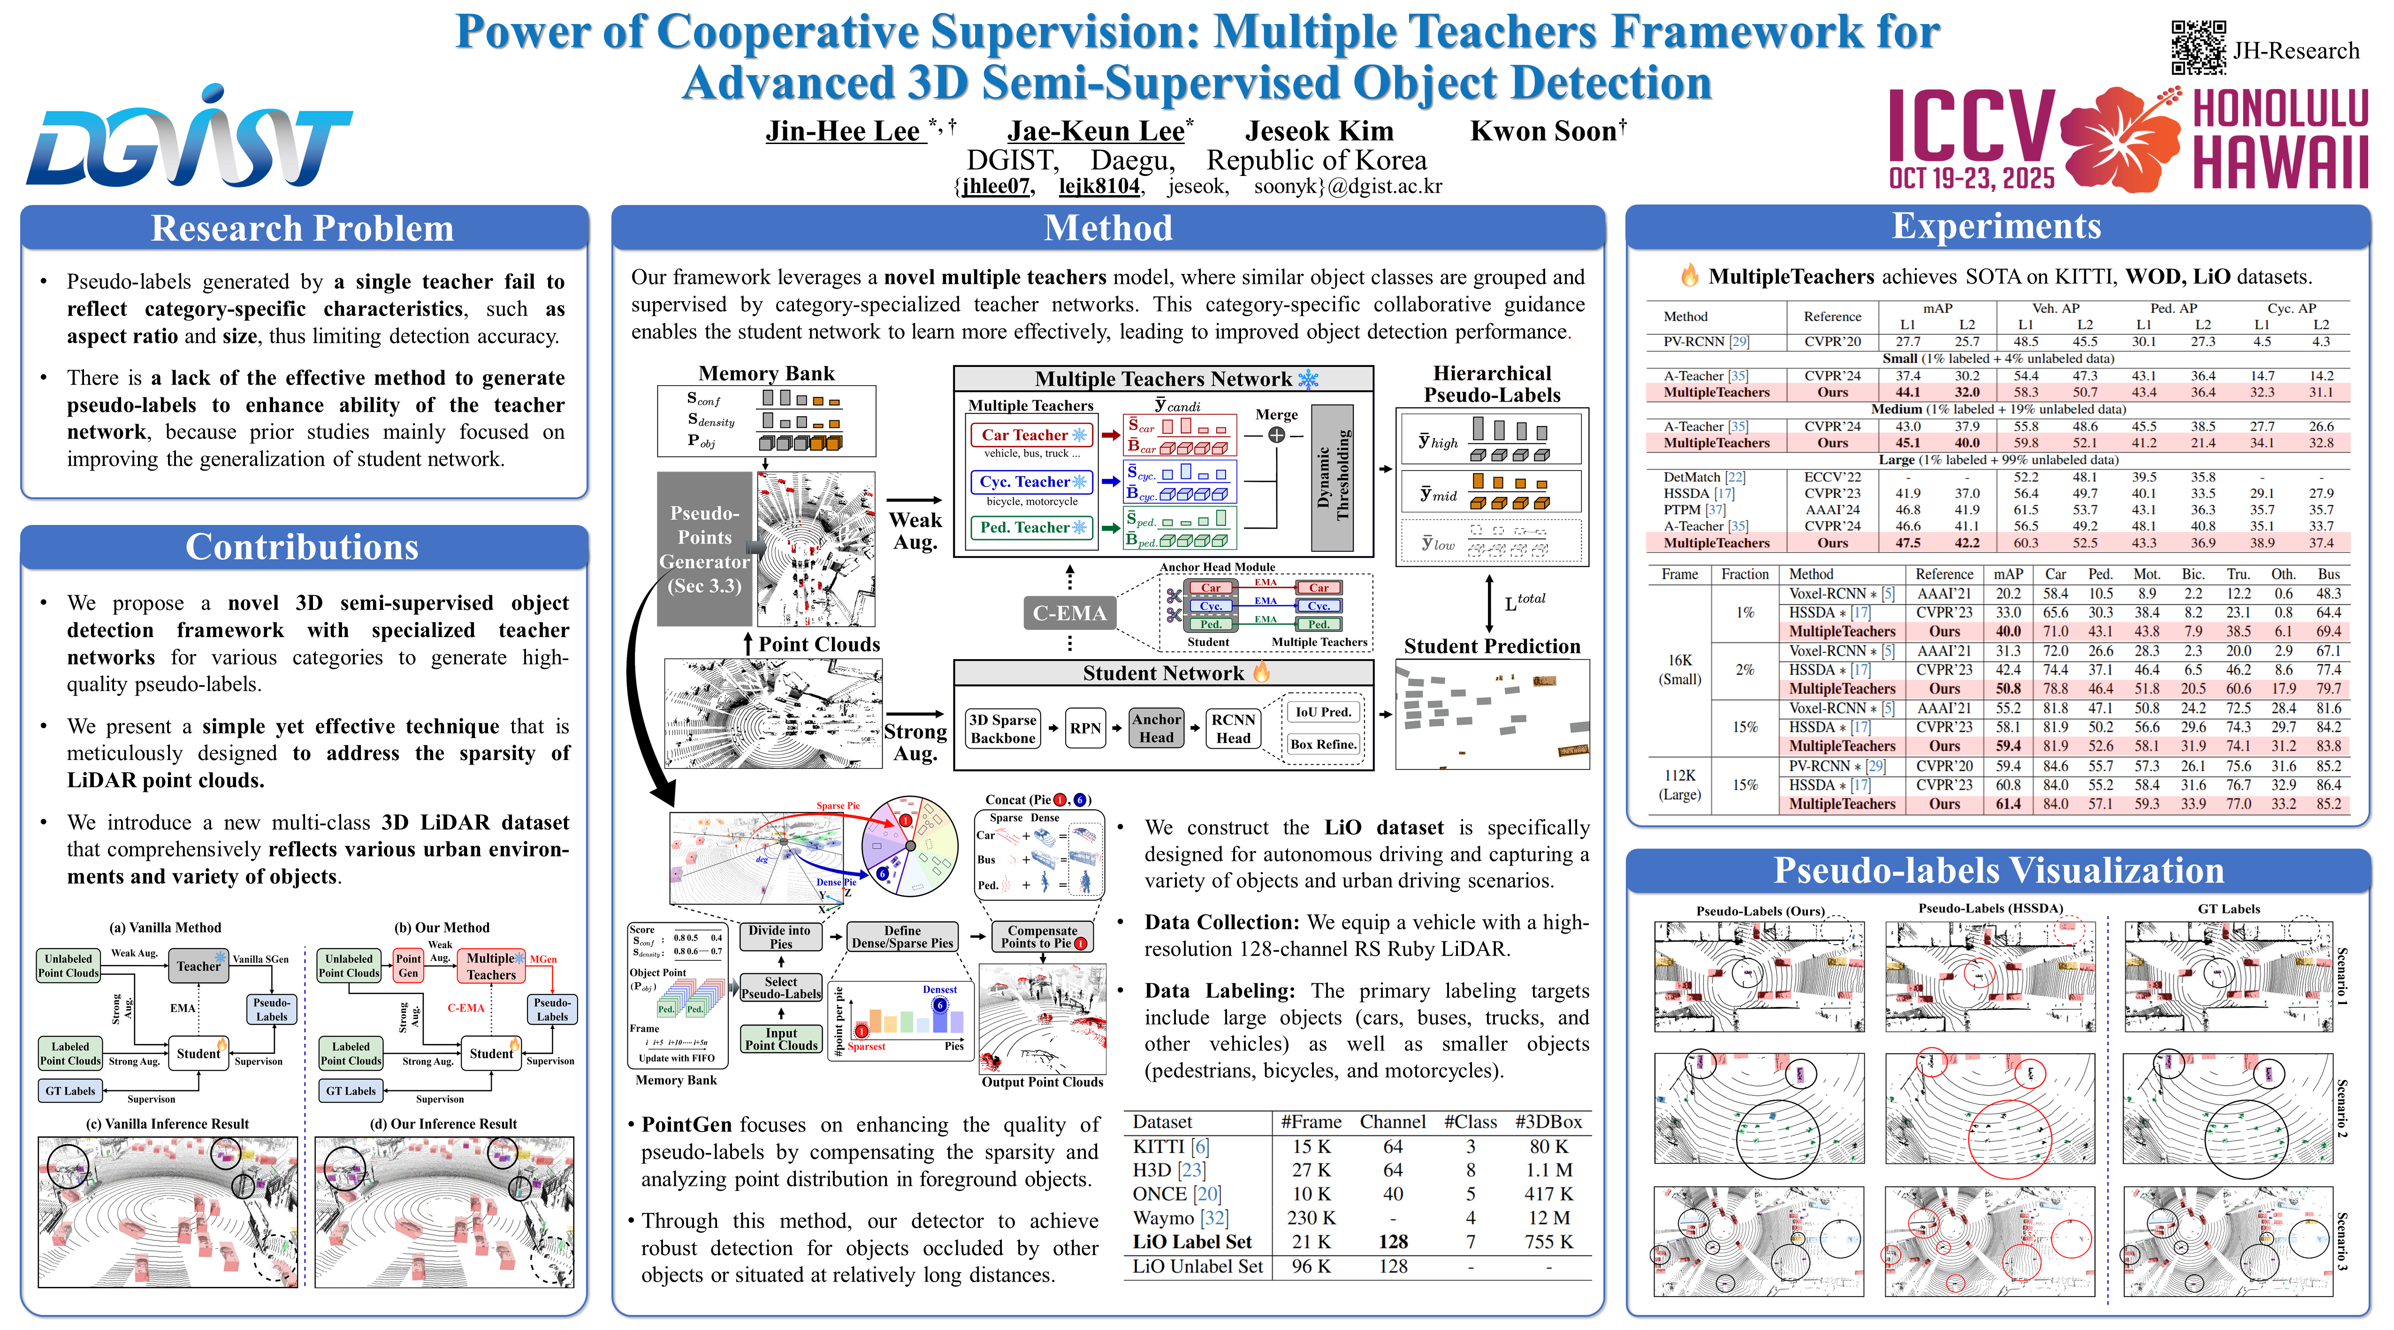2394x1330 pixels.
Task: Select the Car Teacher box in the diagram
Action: tap(1031, 435)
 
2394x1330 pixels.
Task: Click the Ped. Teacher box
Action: tap(1031, 527)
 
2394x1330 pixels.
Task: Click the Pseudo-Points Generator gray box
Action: tap(704, 548)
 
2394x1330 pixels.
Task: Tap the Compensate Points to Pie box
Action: tap(1043, 937)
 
